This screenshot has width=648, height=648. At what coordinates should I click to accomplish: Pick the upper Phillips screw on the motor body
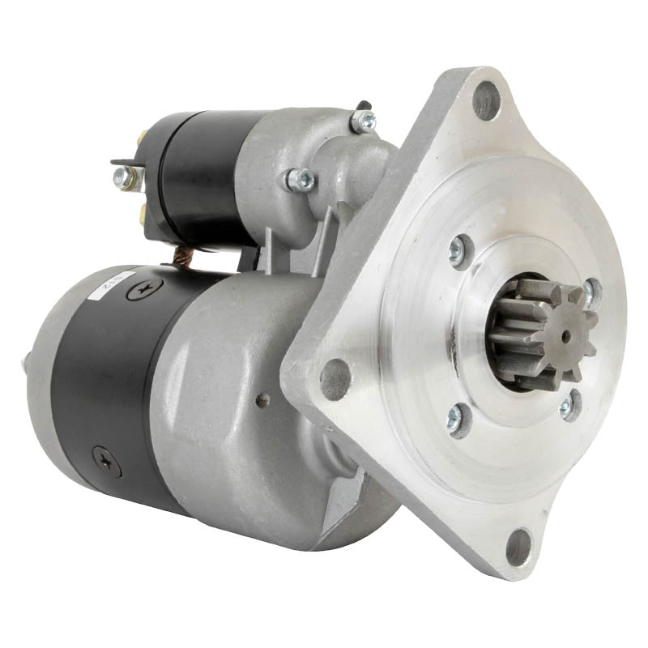click(x=145, y=287)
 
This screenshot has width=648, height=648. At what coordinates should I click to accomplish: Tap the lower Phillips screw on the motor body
click(x=106, y=459)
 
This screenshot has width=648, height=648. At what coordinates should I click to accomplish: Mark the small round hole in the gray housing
click(x=262, y=399)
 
